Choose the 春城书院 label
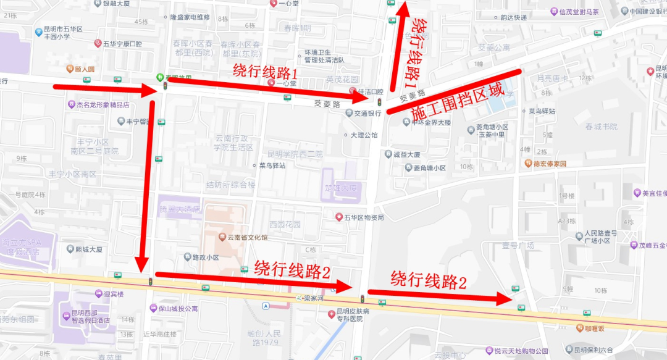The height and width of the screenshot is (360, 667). coord(601,127)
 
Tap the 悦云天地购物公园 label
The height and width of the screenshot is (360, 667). coord(517,351)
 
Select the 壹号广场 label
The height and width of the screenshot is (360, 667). coord(518,245)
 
